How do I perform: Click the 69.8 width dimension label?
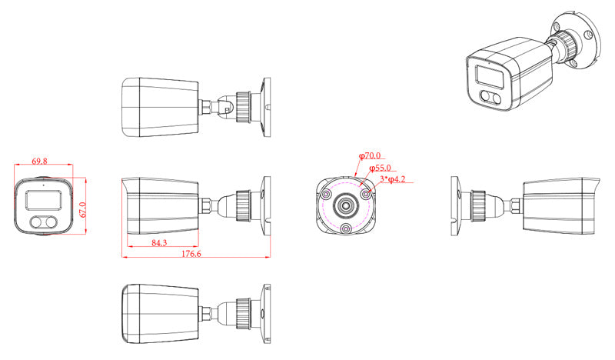pos(39,161)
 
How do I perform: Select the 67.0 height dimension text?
pos(82,211)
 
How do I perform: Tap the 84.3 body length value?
pos(159,243)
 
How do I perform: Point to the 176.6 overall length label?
pos(191,254)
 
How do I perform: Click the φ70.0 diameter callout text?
pos(370,156)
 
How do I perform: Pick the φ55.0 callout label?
pos(380,168)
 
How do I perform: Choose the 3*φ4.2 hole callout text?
pos(393,179)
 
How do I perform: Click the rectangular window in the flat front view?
pos(44,200)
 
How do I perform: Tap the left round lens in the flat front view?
pos(36,222)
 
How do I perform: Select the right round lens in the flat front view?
pos(52,222)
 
